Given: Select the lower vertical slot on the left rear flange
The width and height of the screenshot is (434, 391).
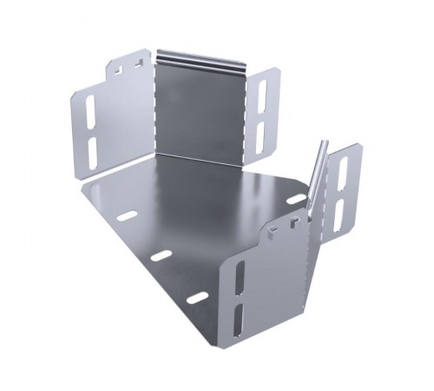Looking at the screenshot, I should pos(92,148).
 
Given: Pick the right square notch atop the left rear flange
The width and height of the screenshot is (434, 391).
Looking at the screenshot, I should pos(137,61).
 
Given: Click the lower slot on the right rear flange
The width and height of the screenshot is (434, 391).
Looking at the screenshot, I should pos(260,132).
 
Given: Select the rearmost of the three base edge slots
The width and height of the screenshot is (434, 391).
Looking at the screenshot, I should pos(128,215).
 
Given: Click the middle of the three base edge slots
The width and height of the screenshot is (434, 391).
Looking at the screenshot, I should pos(161,256).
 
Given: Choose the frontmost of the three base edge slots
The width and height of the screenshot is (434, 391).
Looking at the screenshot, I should pos(198,298).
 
